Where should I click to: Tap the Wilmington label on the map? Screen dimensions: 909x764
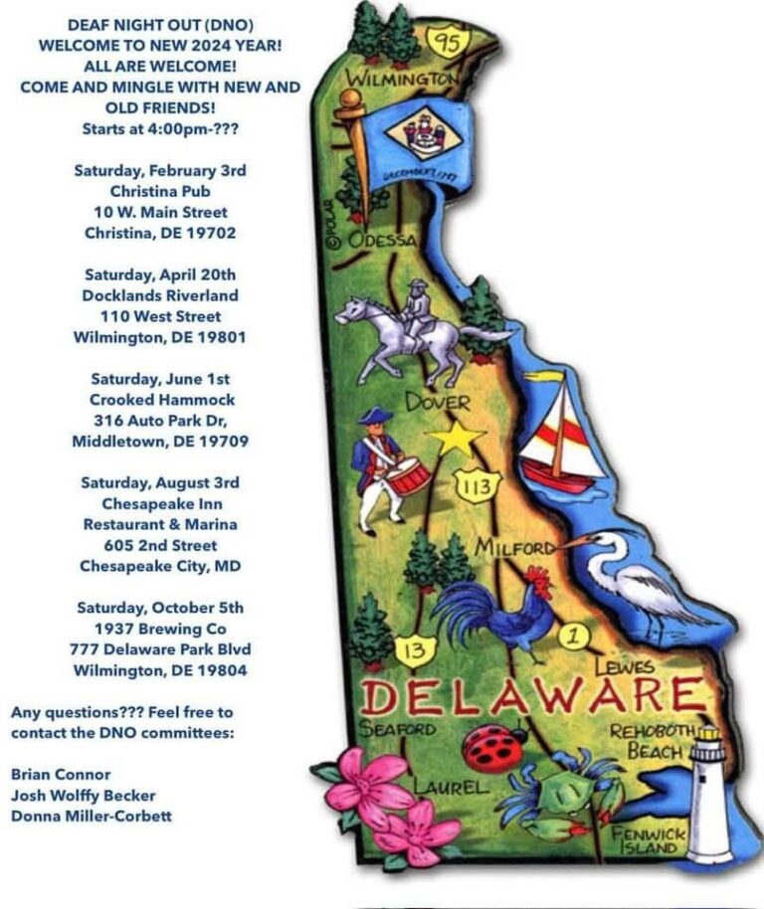(402, 79)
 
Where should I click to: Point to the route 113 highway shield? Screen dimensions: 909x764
(473, 484)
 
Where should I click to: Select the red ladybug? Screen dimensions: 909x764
(494, 747)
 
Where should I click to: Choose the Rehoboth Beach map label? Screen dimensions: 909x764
(653, 740)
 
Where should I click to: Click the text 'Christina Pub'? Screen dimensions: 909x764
(160, 191)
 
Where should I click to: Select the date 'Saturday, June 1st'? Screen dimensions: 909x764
(160, 378)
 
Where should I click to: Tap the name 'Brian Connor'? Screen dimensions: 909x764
(61, 774)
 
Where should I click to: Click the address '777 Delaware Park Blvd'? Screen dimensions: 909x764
(160, 649)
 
